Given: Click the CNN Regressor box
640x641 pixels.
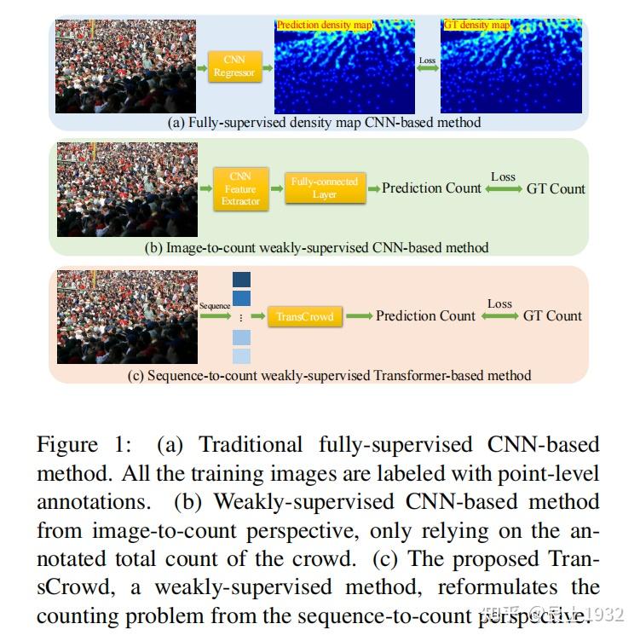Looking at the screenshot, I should coord(234,66).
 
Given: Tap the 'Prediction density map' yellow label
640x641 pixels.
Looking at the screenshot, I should coord(325,26).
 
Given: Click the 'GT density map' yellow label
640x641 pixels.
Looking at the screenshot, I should coord(477,26).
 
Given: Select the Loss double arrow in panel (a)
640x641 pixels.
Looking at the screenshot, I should coord(428,68).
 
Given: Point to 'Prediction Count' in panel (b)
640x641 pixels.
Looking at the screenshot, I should coord(431,188).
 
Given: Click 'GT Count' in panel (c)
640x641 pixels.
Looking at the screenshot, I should coord(552,315).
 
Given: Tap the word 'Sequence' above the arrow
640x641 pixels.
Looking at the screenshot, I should coord(215,305).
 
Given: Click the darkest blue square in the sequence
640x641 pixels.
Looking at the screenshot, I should coord(242,280).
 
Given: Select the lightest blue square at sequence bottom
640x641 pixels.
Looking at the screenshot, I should coord(242,356).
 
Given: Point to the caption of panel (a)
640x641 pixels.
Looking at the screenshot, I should coord(324,123).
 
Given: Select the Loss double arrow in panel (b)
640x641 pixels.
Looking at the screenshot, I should coord(503,189).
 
